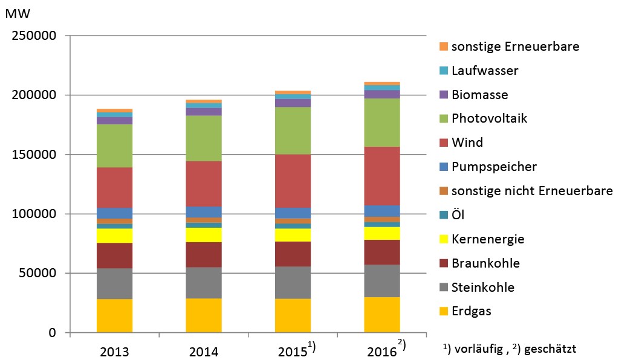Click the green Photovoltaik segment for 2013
114,146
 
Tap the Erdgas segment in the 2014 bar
204,315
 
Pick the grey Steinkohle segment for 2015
293,282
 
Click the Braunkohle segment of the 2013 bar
114,256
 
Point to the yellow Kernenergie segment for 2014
204,234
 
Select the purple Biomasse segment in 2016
382,94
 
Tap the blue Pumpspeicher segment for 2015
293,213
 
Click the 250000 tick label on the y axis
34,36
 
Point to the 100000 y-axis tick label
34,214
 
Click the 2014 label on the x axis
204,351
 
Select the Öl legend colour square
443,215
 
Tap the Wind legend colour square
443,143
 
